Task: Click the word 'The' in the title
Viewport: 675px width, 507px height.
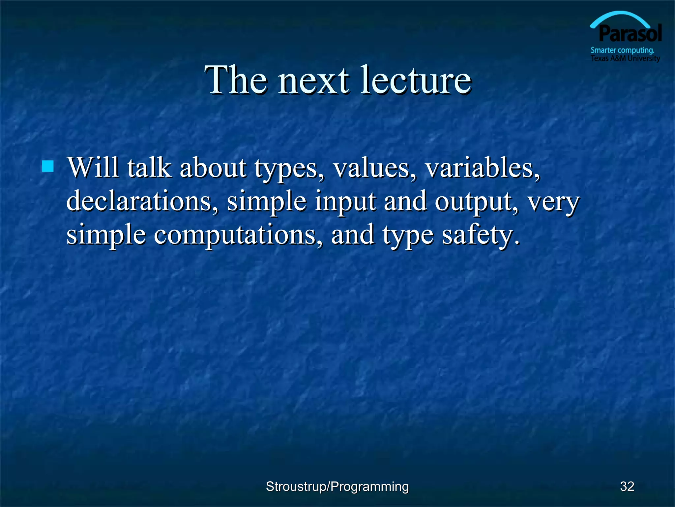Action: click(x=236, y=80)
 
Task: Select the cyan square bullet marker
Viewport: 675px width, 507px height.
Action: click(x=48, y=166)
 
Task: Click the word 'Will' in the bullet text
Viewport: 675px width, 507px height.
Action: click(x=93, y=167)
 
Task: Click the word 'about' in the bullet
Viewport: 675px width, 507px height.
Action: click(x=213, y=167)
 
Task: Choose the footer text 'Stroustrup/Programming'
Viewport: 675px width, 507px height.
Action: click(x=337, y=487)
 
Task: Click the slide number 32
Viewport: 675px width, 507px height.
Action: click(x=627, y=487)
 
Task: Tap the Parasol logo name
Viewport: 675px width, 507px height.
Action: click(x=630, y=34)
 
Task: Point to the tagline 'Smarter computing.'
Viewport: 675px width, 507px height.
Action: click(x=622, y=50)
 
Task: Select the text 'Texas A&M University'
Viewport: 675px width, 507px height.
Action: click(x=625, y=58)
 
